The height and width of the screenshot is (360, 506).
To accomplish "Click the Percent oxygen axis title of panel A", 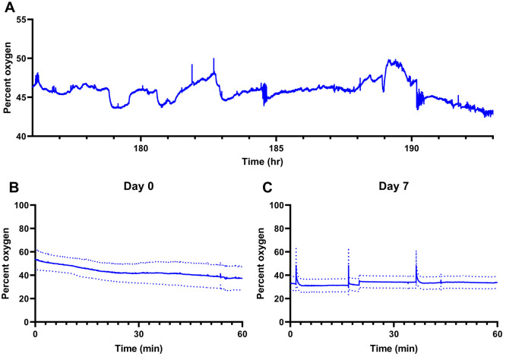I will pyautogui.click(x=8, y=77).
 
